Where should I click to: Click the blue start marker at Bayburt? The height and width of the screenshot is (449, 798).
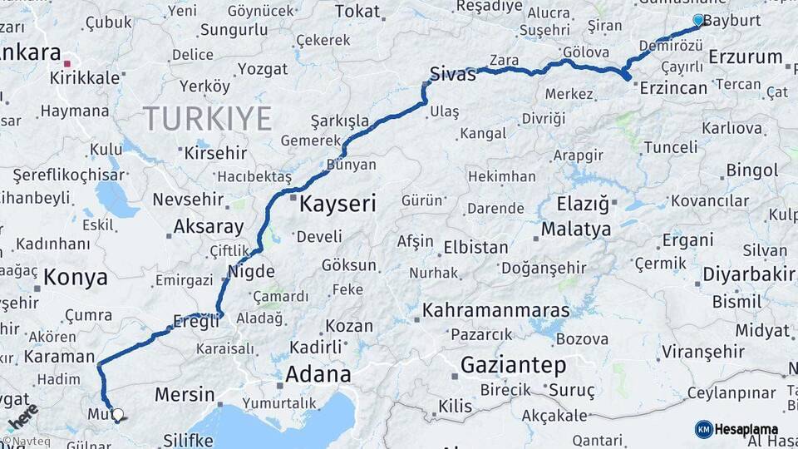[698, 20]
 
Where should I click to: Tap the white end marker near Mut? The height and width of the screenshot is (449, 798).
[118, 414]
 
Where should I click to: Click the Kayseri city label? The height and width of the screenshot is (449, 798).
[337, 203]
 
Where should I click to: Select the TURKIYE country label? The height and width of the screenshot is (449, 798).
[208, 119]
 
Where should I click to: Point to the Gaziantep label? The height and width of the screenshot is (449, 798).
[513, 364]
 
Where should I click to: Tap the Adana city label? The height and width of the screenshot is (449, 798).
[318, 374]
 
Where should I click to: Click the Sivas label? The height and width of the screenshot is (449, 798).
[453, 73]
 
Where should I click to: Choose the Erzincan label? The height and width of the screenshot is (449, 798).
[674, 87]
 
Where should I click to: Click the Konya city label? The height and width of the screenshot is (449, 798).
[76, 278]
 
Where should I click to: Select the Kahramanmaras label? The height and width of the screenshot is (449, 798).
[496, 311]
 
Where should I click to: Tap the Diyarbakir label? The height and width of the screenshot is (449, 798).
[749, 274]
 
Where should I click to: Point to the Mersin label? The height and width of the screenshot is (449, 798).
[184, 393]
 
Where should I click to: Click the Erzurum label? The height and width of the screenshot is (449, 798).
[746, 57]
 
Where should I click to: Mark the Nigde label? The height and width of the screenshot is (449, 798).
[252, 270]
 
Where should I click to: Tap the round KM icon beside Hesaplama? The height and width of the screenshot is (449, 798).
[703, 429]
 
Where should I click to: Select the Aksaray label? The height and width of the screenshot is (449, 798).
[209, 226]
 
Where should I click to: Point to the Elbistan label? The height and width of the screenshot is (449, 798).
[475, 247]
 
